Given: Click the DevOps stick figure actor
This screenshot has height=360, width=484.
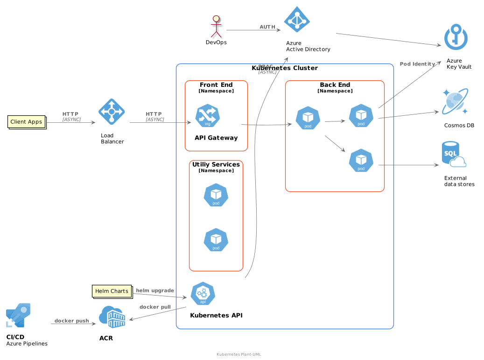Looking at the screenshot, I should (x=216, y=26).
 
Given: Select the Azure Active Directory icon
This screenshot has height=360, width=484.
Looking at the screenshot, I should (x=297, y=20).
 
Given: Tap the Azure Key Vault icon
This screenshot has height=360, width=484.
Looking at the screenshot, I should (x=456, y=37).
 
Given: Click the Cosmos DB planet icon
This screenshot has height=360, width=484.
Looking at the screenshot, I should (x=455, y=102).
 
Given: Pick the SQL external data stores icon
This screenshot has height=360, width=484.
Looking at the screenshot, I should (x=454, y=155).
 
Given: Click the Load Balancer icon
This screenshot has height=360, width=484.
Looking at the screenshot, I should (x=112, y=112).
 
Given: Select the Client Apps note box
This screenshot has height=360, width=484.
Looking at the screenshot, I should (x=27, y=122).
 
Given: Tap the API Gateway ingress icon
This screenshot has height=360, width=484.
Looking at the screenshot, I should (x=208, y=116).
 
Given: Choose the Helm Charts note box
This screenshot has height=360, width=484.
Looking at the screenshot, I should (x=112, y=291).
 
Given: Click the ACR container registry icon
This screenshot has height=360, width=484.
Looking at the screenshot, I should (x=112, y=317).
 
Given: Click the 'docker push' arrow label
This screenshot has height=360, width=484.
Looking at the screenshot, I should (x=71, y=321).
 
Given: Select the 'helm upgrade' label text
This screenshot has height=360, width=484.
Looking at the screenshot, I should (x=155, y=290).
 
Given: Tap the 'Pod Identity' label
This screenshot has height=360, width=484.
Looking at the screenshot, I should (x=417, y=64).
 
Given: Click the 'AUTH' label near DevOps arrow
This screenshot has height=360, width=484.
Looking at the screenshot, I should (x=267, y=27).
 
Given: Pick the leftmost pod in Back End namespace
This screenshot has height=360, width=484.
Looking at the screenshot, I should (x=308, y=118).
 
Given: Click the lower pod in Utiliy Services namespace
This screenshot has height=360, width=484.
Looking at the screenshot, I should (x=216, y=240).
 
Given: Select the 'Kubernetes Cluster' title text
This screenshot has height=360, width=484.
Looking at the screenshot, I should (x=285, y=68).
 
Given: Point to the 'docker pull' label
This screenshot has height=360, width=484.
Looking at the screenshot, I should (x=155, y=307).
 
